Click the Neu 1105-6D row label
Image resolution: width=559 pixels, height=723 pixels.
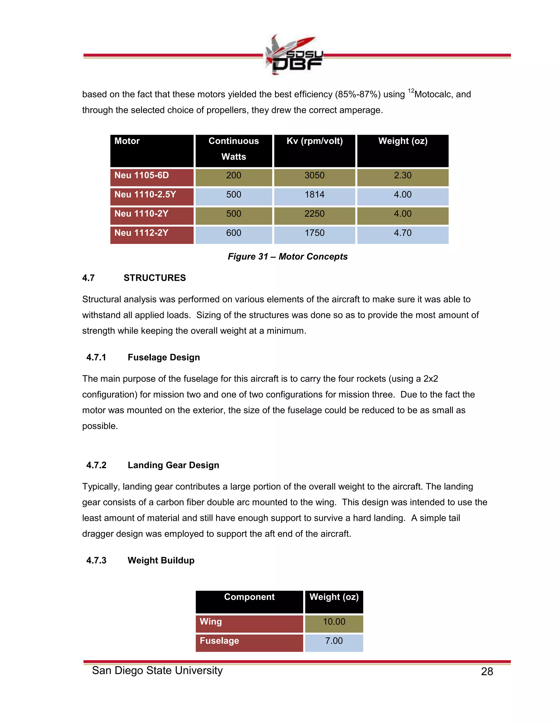pyautogui.click(x=142, y=175)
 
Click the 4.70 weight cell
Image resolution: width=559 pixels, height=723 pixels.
pyautogui.click(x=402, y=233)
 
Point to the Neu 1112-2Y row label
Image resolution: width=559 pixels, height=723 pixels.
pyautogui.click(x=141, y=233)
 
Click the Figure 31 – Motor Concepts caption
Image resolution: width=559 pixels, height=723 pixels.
pyautogui.click(x=287, y=257)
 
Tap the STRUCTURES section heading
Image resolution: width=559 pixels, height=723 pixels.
pyautogui.click(x=155, y=278)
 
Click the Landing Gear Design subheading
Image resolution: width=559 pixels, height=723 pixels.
pyautogui.click(x=173, y=465)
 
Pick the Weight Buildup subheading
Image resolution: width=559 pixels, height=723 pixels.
pyautogui.click(x=161, y=560)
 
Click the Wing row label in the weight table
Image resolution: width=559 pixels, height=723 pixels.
pyautogui.click(x=211, y=622)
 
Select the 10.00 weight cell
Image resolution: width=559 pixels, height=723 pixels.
pyautogui.click(x=334, y=622)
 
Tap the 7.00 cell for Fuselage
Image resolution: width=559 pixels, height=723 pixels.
pyautogui.click(x=334, y=641)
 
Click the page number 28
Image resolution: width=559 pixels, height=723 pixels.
pyautogui.click(x=487, y=672)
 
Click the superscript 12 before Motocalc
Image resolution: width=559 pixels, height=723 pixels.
pyautogui.click(x=411, y=91)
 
